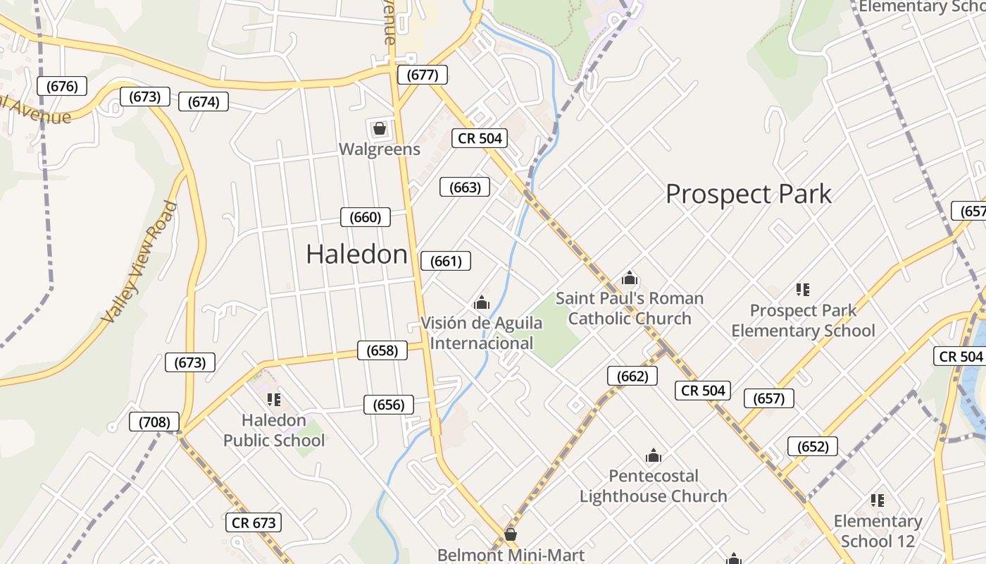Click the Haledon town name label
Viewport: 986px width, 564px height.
(x=357, y=254)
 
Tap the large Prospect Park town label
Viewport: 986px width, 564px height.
(x=748, y=194)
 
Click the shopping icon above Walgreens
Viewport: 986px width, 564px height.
(x=379, y=128)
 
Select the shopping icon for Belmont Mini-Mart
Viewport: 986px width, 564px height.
(x=510, y=534)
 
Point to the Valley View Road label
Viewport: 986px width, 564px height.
(x=139, y=262)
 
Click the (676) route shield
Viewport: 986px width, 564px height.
(x=62, y=86)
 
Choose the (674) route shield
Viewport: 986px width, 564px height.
(x=204, y=102)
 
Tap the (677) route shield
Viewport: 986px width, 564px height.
(x=422, y=75)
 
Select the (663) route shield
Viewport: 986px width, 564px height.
(x=465, y=187)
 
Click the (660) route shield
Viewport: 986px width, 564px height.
(x=366, y=217)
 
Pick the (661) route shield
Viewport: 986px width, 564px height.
(x=446, y=261)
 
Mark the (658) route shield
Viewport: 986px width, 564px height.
(x=382, y=350)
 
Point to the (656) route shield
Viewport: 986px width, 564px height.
(x=389, y=405)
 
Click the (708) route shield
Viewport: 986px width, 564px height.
(x=154, y=422)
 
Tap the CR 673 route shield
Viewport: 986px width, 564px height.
(x=254, y=522)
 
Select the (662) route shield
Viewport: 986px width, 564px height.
(x=632, y=376)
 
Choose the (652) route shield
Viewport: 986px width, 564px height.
(x=812, y=446)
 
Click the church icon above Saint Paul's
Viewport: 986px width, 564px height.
(x=630, y=278)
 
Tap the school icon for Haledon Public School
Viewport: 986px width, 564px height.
(x=274, y=400)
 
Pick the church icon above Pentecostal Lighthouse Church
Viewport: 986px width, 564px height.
(x=654, y=455)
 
